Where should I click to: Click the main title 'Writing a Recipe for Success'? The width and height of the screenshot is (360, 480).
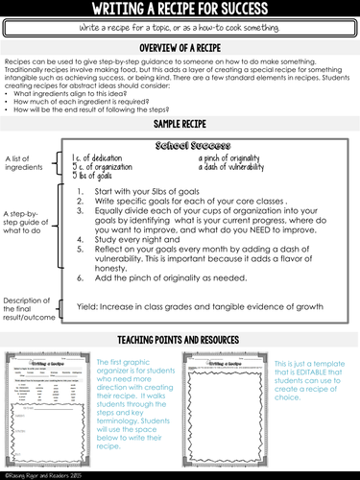coord(180,11)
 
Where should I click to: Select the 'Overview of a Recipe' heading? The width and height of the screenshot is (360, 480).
coord(180,46)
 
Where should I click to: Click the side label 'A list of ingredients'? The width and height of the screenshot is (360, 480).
coord(25,162)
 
